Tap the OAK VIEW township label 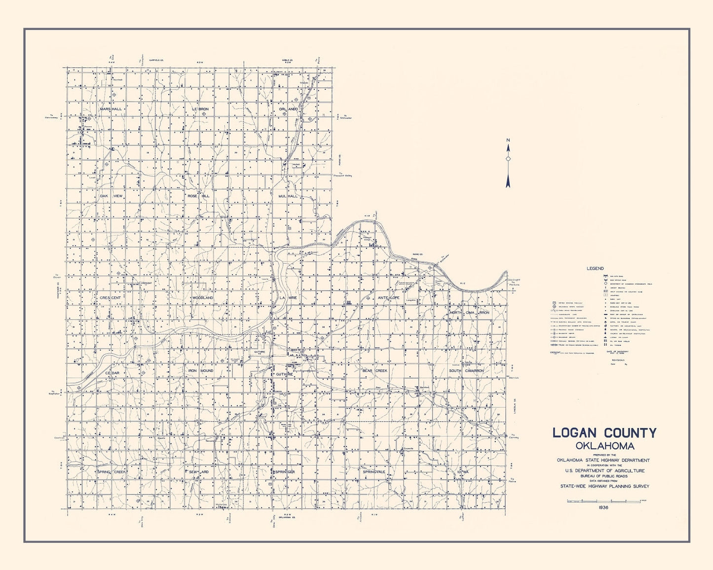point(111,196)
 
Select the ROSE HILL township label point(198,196)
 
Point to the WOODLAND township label point(203,298)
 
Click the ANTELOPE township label point(389,298)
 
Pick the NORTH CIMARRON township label point(469,313)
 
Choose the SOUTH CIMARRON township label point(466,370)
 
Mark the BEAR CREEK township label point(375,370)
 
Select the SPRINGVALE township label point(374,472)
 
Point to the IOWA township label point(462,472)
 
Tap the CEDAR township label point(113,373)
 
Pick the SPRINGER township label point(285,472)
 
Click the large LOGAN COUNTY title point(604,433)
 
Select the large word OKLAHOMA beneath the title point(604,446)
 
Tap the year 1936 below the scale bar point(604,507)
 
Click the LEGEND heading point(595,269)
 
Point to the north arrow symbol point(508,163)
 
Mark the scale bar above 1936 point(606,500)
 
